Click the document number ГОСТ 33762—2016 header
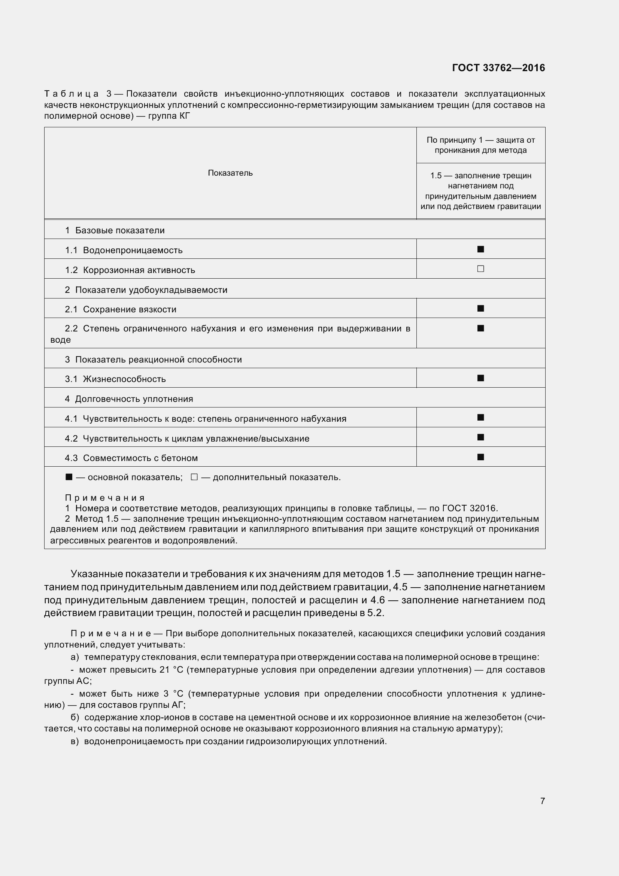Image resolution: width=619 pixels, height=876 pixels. [x=498, y=68]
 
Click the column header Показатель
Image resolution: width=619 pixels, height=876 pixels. [x=230, y=173]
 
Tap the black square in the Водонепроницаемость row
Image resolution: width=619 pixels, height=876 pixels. [x=480, y=249]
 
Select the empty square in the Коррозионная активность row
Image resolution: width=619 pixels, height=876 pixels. [x=480, y=269]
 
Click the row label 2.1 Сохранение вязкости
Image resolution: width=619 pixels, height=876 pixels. [x=121, y=309]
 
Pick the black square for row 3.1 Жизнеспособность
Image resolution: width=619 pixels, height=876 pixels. [x=480, y=378]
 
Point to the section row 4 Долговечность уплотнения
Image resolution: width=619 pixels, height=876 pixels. [x=129, y=399]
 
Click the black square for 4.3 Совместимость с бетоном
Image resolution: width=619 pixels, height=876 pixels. [x=480, y=457]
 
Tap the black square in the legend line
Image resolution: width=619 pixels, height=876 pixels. [x=69, y=477]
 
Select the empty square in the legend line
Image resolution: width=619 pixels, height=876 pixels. [x=194, y=477]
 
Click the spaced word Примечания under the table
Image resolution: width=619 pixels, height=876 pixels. [x=105, y=498]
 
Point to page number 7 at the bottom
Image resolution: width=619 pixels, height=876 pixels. [x=542, y=801]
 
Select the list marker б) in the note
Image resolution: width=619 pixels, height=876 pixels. [x=75, y=717]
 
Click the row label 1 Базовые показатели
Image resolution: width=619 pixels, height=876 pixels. [x=115, y=230]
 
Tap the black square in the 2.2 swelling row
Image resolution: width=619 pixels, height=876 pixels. [x=480, y=328]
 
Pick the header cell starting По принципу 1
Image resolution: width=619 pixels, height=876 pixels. [x=480, y=145]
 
